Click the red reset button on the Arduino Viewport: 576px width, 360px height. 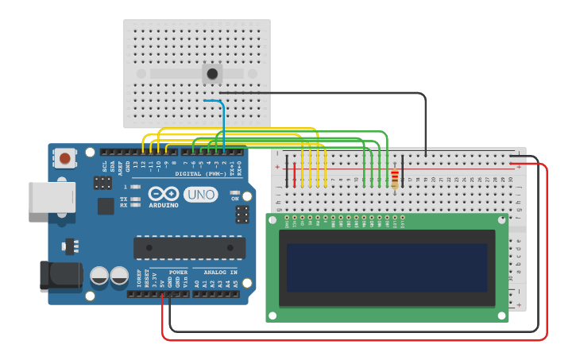tap(64, 158)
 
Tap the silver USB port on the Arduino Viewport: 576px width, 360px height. tap(52, 197)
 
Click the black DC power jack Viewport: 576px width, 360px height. tap(60, 275)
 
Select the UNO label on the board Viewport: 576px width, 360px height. tap(200, 195)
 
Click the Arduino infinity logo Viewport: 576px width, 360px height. tap(164, 194)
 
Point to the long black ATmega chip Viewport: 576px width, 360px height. tap(188, 247)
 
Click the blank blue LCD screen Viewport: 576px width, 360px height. tap(387, 267)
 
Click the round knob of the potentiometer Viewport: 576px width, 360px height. tap(212, 75)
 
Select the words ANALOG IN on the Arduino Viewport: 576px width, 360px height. tap(216, 272)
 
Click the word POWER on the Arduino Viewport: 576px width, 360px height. tap(178, 272)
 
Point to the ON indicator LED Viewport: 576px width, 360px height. tap(234, 192)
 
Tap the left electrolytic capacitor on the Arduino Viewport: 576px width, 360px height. tap(99, 276)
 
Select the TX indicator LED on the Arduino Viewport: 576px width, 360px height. tap(135, 199)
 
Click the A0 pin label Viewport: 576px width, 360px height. tap(196, 282)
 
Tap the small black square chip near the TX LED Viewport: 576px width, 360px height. tap(106, 206)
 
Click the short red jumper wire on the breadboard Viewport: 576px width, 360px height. tap(295, 174)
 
